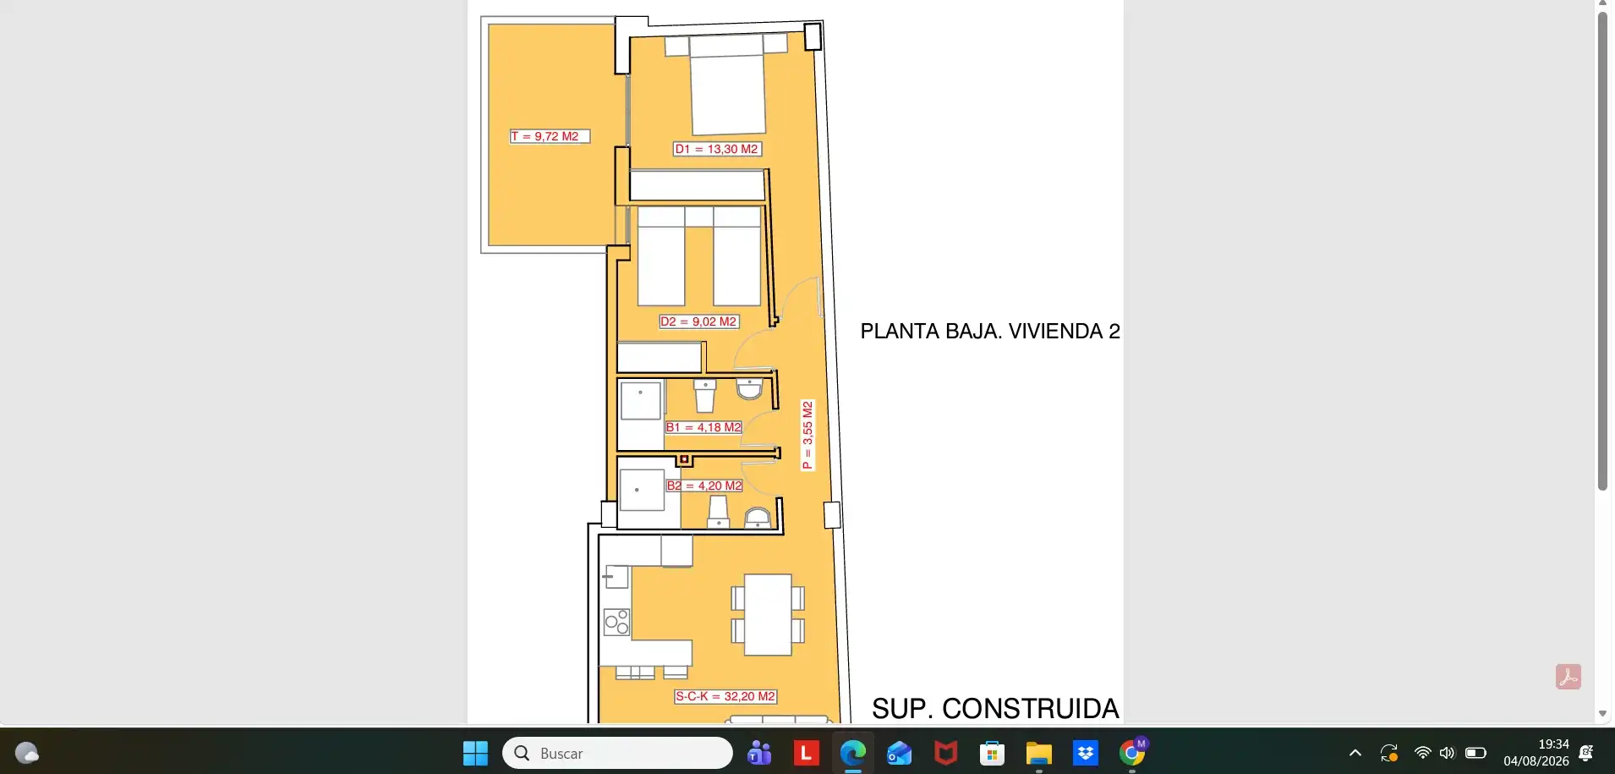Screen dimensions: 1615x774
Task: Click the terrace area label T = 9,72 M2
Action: [x=550, y=136]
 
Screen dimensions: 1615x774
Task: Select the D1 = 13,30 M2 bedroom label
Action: [x=717, y=149]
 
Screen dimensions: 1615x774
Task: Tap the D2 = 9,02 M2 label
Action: [x=699, y=321]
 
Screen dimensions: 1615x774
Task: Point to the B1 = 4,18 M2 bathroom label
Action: [x=703, y=427]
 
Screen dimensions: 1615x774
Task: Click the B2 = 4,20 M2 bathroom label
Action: [x=704, y=486]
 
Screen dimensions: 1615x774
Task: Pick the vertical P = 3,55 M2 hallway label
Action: [x=807, y=435]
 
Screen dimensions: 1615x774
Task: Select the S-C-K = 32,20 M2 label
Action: [x=725, y=696]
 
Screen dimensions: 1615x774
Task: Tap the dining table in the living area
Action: [x=768, y=615]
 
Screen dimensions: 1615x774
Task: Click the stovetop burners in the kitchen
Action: [x=616, y=622]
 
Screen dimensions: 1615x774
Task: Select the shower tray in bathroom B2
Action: [x=642, y=490]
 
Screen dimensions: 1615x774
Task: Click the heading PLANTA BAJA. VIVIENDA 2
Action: [x=990, y=331]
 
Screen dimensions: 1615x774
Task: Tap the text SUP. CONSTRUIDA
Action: [x=995, y=708]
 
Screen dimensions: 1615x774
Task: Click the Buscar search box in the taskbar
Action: [x=617, y=753]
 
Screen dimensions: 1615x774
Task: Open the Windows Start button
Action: [x=475, y=753]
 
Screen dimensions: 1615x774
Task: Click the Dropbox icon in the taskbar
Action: [x=1085, y=753]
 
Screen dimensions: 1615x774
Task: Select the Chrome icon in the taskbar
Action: [x=1131, y=753]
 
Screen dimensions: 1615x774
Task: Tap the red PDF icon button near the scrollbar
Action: [x=1568, y=677]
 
